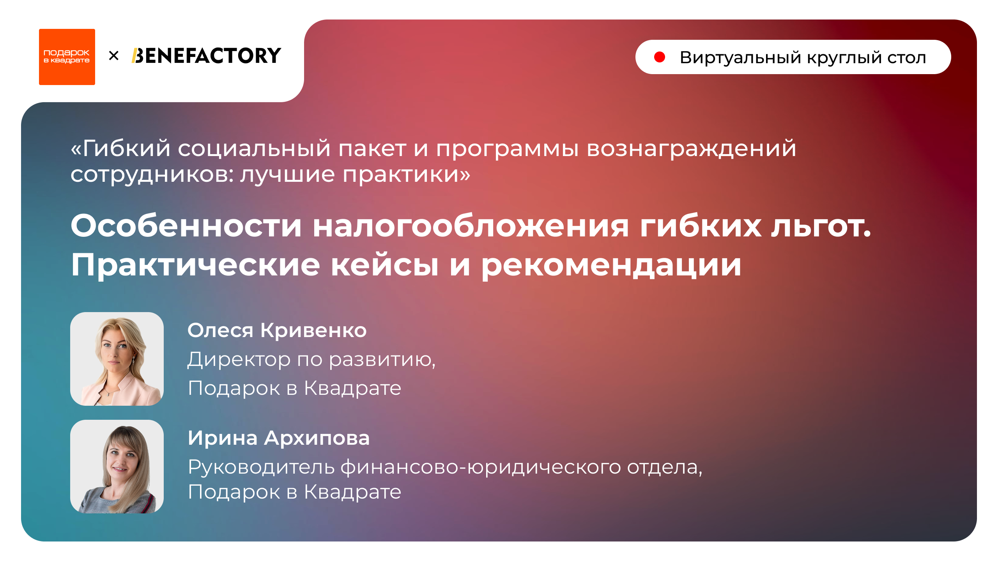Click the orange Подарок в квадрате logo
[x=67, y=57]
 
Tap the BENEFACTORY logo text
[x=206, y=56]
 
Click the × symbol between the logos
[x=113, y=56]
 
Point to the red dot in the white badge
[x=659, y=57]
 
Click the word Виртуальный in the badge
[x=740, y=58]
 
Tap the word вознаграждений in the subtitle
[x=691, y=149]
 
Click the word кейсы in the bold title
[x=384, y=265]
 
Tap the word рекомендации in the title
[x=611, y=265]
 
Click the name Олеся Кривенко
[x=277, y=330]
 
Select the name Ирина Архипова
[x=278, y=438]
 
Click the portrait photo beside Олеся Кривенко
[x=117, y=359]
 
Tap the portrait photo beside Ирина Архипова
[x=117, y=466]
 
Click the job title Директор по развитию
[x=311, y=359]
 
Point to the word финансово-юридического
[x=480, y=467]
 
